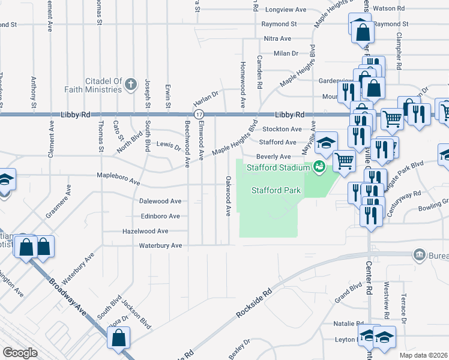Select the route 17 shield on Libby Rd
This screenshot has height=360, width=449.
pyautogui.click(x=199, y=114)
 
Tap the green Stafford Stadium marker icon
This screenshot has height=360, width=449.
pyautogui.click(x=319, y=167)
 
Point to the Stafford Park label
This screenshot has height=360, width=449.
pyautogui.click(x=276, y=191)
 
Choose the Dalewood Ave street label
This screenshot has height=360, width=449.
pyautogui.click(x=160, y=201)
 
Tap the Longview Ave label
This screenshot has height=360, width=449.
pyautogui.click(x=286, y=10)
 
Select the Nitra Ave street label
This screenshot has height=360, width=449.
pyautogui.click(x=278, y=38)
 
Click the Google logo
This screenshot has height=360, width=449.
pyautogui.click(x=20, y=353)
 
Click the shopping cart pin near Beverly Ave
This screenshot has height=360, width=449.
pyautogui.click(x=344, y=160)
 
